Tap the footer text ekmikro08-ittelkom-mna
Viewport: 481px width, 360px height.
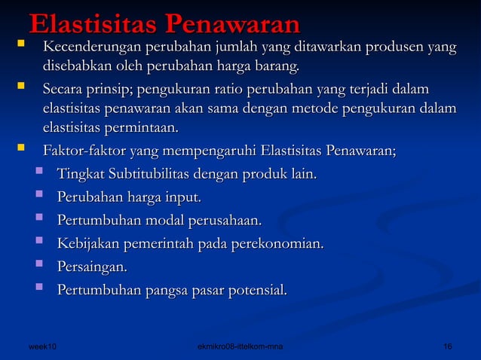[x=240, y=346]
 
